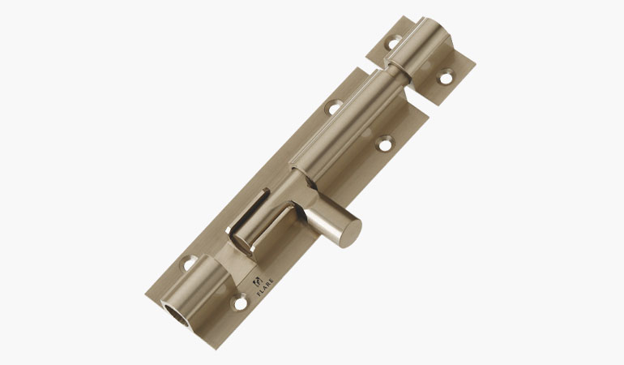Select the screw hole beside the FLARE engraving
point(240,303)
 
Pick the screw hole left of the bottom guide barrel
point(188,264)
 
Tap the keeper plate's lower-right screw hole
point(446,79)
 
